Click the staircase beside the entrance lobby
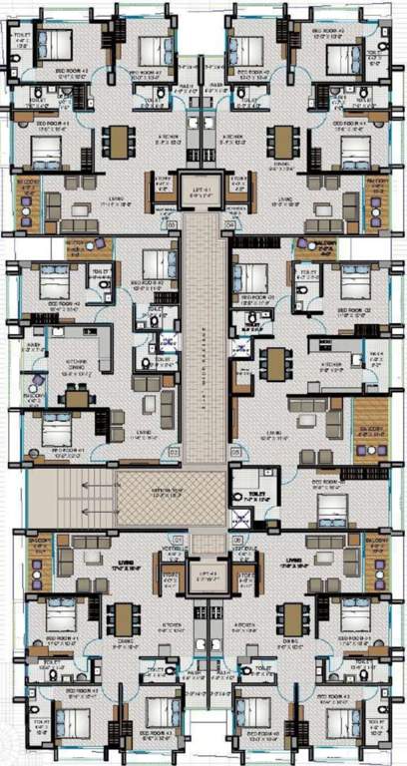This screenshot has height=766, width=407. pyautogui.click(x=70, y=498)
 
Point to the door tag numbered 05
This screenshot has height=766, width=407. pyautogui.click(x=235, y=452)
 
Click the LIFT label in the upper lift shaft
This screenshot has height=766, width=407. pyautogui.click(x=203, y=184)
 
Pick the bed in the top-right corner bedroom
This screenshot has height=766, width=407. pyautogui.click(x=349, y=46)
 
